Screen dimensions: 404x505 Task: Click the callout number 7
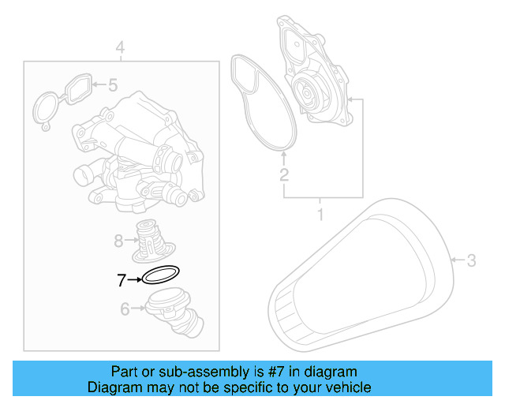[x=121, y=279]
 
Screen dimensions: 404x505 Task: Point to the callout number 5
[x=112, y=84]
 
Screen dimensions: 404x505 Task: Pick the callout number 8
[x=118, y=240]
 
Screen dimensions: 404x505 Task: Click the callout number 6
[x=125, y=309]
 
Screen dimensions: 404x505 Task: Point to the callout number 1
[x=321, y=214]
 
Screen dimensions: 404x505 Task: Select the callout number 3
[x=471, y=260]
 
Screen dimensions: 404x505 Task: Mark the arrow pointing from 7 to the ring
[x=134, y=279]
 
